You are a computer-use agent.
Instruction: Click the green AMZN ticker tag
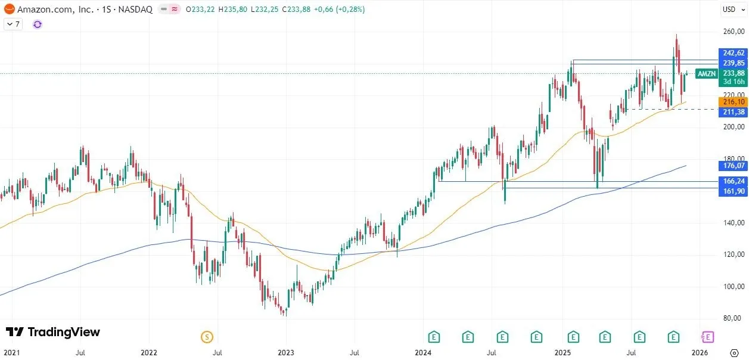click(706, 73)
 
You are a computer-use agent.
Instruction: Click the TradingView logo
click(53, 332)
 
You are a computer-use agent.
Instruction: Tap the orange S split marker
click(207, 337)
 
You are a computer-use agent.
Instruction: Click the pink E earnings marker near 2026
click(707, 337)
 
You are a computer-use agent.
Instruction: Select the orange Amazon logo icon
click(10, 10)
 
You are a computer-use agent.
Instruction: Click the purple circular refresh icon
click(38, 24)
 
